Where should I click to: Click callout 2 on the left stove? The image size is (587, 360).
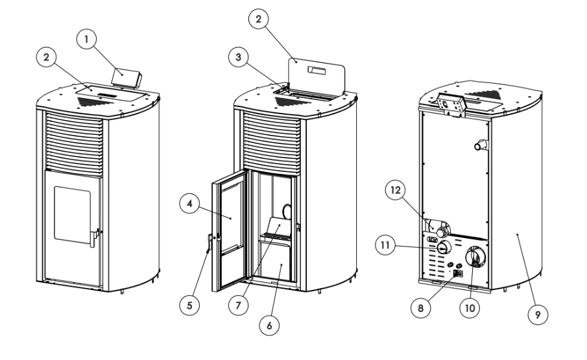point(46,57)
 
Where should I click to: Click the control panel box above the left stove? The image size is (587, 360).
point(125,76)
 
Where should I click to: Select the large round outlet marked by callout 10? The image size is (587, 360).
point(476,261)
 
